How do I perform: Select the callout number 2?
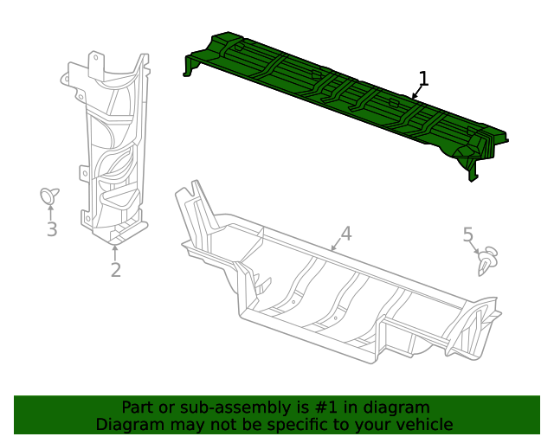click(115, 270)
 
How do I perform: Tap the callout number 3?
click(52, 229)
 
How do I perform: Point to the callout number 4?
click(345, 234)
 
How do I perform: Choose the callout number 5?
click(468, 234)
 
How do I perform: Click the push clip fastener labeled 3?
click(49, 196)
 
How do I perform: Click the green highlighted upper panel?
click(346, 95)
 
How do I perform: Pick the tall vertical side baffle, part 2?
click(113, 147)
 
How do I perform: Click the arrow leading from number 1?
click(417, 93)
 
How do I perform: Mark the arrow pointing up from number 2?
click(115, 252)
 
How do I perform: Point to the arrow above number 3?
click(51, 212)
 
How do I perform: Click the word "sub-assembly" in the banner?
click(216, 408)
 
